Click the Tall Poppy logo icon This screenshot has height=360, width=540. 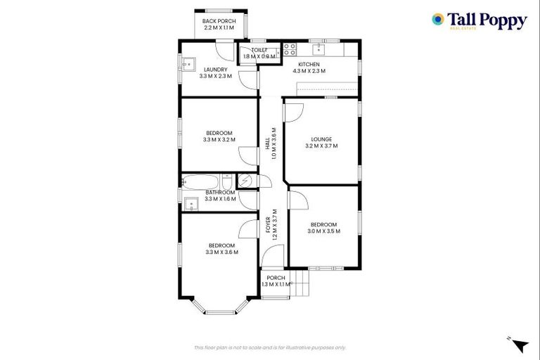438,20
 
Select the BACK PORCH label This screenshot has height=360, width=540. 219,21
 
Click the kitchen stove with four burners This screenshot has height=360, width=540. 289,50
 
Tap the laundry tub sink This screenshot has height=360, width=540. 187,65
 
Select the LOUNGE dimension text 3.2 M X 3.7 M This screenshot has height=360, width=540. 321,146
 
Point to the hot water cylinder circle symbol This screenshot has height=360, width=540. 245,181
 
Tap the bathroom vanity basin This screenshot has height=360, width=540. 189,205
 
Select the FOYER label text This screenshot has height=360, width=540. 268,225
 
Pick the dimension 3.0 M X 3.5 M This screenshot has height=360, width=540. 323,231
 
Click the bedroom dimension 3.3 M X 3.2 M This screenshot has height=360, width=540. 219,140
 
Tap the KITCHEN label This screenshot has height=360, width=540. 308,65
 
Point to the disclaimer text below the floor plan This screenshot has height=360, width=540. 270,347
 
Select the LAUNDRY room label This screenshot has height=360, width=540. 215,69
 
